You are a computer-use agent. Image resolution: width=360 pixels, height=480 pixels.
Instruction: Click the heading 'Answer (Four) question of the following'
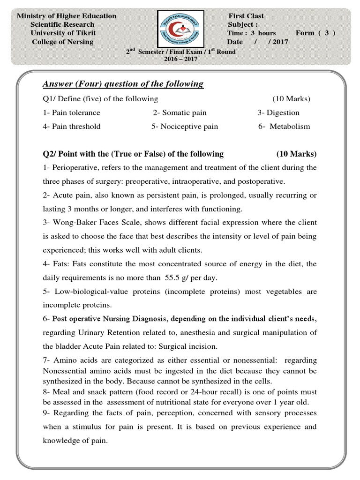coord(123,84)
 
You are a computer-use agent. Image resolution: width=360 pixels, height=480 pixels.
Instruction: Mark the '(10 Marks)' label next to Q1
coord(291,99)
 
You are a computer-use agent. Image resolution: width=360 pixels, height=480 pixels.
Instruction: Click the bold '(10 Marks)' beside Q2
coord(296,154)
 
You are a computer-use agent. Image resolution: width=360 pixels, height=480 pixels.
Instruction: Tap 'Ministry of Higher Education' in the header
coord(67,16)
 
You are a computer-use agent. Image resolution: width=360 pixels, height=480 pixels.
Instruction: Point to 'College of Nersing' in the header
coord(62,41)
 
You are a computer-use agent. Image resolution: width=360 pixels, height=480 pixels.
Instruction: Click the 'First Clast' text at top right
coord(246,16)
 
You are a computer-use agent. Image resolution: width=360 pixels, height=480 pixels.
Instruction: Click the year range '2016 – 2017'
coord(180,59)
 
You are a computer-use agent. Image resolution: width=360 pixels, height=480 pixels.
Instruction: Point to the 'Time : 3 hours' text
coord(252,33)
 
